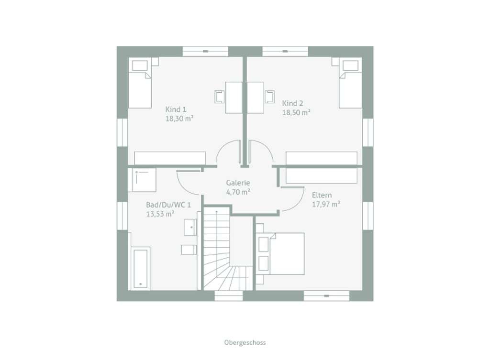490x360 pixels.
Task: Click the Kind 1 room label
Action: click(176, 109)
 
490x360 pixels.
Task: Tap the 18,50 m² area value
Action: click(296, 113)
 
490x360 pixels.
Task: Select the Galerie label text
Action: click(238, 183)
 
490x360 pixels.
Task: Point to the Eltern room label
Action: click(322, 196)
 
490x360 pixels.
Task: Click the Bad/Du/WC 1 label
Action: click(168, 205)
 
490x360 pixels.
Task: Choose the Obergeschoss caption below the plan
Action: click(245, 342)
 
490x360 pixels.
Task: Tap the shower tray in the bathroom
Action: click(144, 180)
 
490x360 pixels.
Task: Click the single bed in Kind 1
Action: click(140, 83)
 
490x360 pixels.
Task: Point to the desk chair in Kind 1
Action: click(219, 97)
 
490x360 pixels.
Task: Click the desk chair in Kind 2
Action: click(270, 97)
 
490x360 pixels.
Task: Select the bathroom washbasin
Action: click(190, 227)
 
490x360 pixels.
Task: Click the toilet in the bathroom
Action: click(189, 250)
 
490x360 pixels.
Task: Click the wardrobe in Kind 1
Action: click(170, 158)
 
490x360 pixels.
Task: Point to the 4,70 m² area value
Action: click(238, 192)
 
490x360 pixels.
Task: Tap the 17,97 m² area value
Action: click(326, 205)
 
